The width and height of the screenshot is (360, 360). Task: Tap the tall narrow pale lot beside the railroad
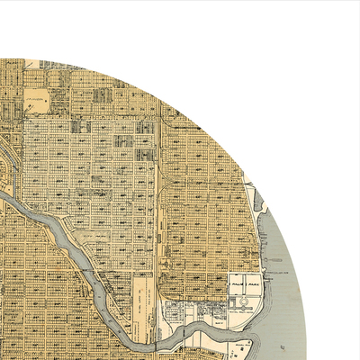coord(142,297)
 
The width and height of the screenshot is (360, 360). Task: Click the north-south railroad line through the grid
coord(157,180)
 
